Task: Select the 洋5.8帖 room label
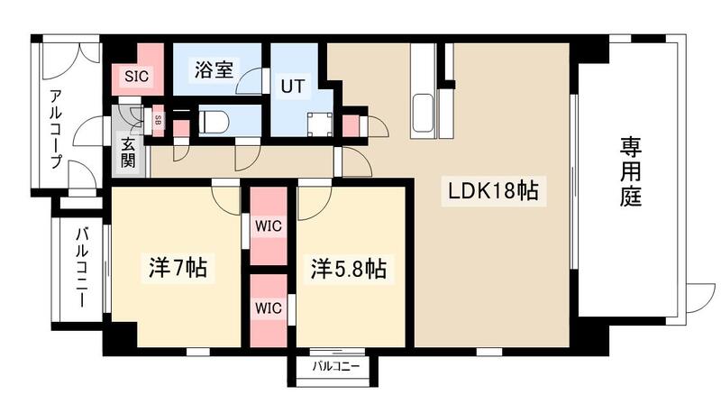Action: [x=350, y=268]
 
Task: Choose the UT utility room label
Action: [x=292, y=87]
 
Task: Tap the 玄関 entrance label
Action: [x=129, y=156]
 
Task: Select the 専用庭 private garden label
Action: [x=630, y=171]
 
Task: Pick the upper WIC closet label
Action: [x=268, y=225]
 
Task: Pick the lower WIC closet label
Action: [x=268, y=308]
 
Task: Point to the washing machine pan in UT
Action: [x=319, y=124]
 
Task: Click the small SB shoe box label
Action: [x=158, y=119]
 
